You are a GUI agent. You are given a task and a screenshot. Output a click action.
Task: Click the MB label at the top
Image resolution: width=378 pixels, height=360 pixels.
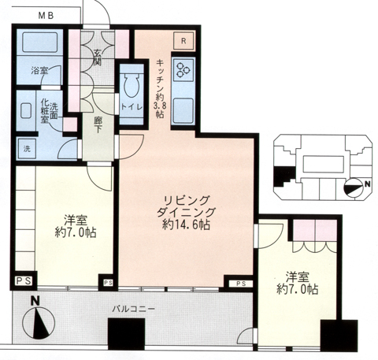(x=46, y=16)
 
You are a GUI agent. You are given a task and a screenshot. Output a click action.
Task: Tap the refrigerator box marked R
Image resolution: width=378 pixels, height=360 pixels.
(x=183, y=41)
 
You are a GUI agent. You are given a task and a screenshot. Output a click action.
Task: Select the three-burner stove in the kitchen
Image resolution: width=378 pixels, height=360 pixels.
(x=183, y=69)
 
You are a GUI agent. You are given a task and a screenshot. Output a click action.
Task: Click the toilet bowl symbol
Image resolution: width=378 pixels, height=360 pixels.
(x=132, y=85)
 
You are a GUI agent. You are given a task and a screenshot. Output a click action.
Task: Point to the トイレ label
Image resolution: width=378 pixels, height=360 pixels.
(x=132, y=107)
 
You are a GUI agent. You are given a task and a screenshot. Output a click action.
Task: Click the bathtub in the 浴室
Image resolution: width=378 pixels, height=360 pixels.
(x=40, y=42)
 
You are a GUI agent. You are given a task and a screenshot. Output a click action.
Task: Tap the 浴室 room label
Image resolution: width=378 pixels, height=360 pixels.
(x=39, y=70)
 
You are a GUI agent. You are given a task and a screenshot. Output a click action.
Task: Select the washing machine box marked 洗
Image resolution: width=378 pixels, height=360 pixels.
(x=27, y=149)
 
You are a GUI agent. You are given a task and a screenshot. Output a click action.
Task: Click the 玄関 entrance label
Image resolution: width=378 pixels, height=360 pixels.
(x=98, y=58)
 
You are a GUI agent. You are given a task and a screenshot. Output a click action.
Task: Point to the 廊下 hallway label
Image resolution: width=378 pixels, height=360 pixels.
(x=98, y=124)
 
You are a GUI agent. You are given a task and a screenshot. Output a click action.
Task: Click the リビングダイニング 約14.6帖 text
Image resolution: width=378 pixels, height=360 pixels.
(x=186, y=213)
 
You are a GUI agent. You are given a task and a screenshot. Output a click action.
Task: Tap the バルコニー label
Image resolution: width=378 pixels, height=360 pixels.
(x=133, y=309)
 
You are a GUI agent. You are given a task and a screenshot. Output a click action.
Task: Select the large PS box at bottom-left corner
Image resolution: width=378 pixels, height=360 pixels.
(x=24, y=281)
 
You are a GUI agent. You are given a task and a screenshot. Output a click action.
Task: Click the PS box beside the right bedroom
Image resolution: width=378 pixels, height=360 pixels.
(x=241, y=284)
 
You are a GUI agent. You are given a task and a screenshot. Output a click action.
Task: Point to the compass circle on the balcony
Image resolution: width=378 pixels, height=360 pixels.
(x=39, y=323)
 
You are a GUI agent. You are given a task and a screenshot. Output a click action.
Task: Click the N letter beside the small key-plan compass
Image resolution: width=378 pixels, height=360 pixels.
(x=368, y=184)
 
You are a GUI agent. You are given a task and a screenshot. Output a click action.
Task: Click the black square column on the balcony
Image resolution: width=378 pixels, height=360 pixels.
(x=127, y=334)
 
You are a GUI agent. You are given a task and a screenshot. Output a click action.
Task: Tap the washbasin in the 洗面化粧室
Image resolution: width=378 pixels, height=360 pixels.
(x=26, y=111)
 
